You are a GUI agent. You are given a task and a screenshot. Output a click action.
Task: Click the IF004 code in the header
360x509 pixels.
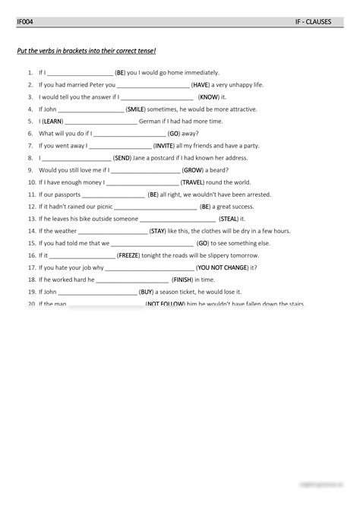pos(24,22)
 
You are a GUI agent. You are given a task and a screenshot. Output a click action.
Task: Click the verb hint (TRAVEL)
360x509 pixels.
pos(194,182)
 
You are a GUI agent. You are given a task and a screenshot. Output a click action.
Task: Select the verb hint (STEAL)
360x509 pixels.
pos(229,218)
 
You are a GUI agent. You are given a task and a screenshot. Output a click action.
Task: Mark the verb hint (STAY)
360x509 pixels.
pos(158,230)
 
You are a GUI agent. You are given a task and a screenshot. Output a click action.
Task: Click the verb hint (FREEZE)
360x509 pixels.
pos(128,255)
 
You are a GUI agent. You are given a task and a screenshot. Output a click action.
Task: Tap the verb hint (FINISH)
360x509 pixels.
pos(182,280)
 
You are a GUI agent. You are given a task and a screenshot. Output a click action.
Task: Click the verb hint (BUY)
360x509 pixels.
pos(147,292)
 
